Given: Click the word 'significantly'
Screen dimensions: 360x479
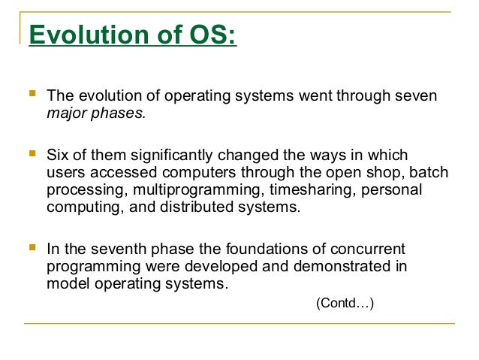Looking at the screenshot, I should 170,155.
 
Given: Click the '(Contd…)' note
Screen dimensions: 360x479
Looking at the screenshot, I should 345,304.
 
